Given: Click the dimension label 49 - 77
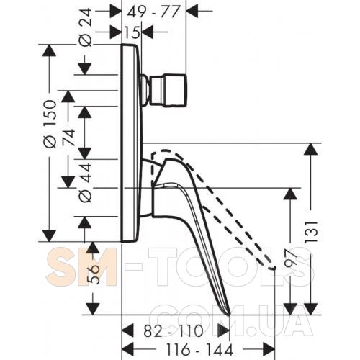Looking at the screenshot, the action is [153, 12].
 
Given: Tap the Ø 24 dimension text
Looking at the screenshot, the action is [86, 27].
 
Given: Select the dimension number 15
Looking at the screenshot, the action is [132, 32].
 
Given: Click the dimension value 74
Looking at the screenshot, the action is [69, 138].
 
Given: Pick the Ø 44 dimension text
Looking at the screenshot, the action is [86, 182].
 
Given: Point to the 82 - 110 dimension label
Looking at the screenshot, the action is [174, 331].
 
